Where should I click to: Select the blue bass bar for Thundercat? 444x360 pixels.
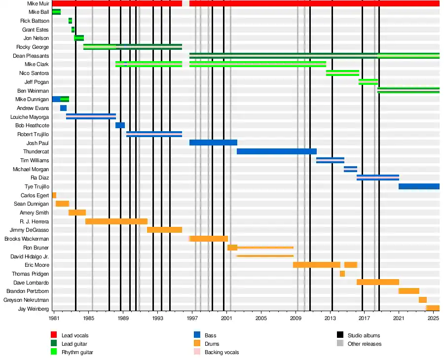point(276,151)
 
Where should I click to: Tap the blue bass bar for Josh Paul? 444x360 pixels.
point(213,143)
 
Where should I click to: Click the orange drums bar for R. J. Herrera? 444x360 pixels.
point(116,221)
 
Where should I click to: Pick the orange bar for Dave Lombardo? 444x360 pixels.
point(378,282)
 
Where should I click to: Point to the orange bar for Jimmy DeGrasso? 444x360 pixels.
point(164,230)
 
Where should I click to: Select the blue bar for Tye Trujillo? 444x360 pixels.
point(419,186)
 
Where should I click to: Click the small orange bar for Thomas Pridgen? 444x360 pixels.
point(342,274)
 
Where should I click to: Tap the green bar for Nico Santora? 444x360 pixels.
point(342,73)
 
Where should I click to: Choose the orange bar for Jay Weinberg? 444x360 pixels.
point(433,308)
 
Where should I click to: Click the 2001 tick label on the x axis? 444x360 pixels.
point(226,319)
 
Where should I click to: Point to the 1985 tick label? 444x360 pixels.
point(89,319)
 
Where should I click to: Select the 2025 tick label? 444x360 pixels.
point(433,319)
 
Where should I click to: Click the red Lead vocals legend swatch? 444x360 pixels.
point(54,335)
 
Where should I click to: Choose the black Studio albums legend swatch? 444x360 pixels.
point(340,335)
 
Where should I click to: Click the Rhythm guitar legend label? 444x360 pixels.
point(77,352)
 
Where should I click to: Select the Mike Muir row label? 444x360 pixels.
point(38,3)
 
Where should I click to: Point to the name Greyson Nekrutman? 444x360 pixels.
point(26,300)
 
